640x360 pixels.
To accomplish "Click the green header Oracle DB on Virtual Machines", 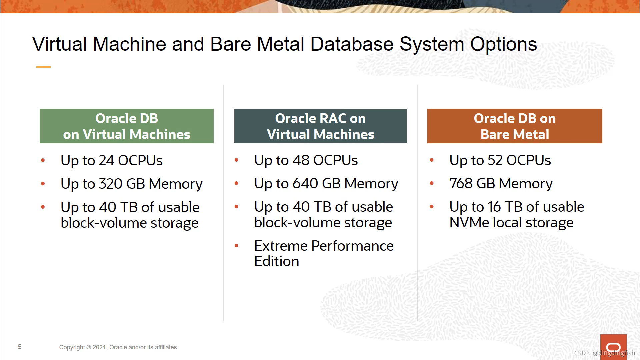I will pos(126,126).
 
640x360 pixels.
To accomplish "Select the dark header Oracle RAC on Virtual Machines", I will pos(320,126).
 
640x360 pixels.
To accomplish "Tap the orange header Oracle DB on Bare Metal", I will pos(514,126).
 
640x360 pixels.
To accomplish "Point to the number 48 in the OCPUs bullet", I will pos(301,160).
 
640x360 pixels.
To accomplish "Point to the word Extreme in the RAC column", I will pos(281,246).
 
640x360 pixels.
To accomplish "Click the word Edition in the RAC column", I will pos(277,261).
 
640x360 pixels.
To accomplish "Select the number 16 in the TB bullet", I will pos(494,207).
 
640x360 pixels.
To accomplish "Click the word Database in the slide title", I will pos(352,44).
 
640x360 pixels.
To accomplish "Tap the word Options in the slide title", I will pos(503,44).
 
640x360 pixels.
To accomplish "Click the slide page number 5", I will pos(20,347).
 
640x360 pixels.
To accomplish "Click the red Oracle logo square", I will pos(613,347).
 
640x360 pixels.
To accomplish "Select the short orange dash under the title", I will pos(43,67).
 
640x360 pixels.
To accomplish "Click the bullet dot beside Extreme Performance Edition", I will pos(237,246).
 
